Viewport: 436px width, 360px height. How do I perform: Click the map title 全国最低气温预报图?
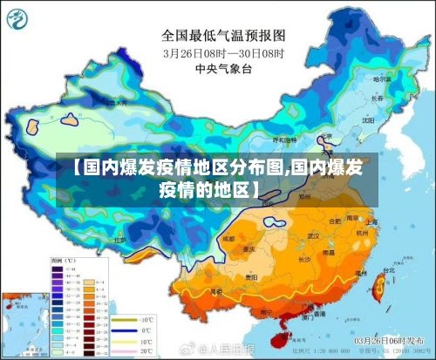[223, 36]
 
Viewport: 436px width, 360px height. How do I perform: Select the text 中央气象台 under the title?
[223, 67]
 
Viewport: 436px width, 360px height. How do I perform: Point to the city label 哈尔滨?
[382, 79]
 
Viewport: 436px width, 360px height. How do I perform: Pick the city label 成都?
[228, 237]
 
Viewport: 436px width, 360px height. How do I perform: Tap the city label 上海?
[370, 222]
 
